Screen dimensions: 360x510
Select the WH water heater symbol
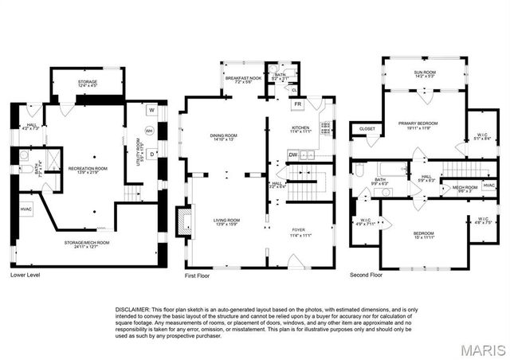pos(148,131)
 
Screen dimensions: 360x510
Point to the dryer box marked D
pos(151,152)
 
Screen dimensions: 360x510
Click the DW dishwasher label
pos(293,155)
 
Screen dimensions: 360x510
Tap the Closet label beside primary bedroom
pos(367,128)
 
